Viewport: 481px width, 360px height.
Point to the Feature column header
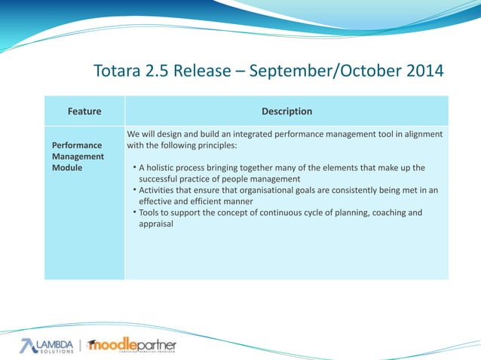(x=84, y=111)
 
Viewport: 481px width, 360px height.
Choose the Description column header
(x=286, y=111)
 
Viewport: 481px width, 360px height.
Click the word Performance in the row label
(x=76, y=144)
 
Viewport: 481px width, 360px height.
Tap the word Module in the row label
(x=67, y=167)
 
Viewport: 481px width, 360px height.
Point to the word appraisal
(x=156, y=224)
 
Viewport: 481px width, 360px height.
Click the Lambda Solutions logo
(x=47, y=346)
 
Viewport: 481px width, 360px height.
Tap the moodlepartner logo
(x=133, y=346)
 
